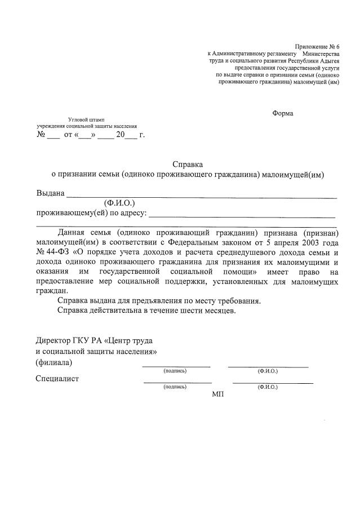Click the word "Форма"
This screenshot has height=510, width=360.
pos(282,113)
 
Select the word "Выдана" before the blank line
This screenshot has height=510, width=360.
pos(50,193)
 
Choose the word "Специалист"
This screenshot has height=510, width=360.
pos(57,378)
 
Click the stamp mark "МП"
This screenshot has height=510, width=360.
pos(217,394)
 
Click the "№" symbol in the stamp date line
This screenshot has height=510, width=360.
pos(41,136)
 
